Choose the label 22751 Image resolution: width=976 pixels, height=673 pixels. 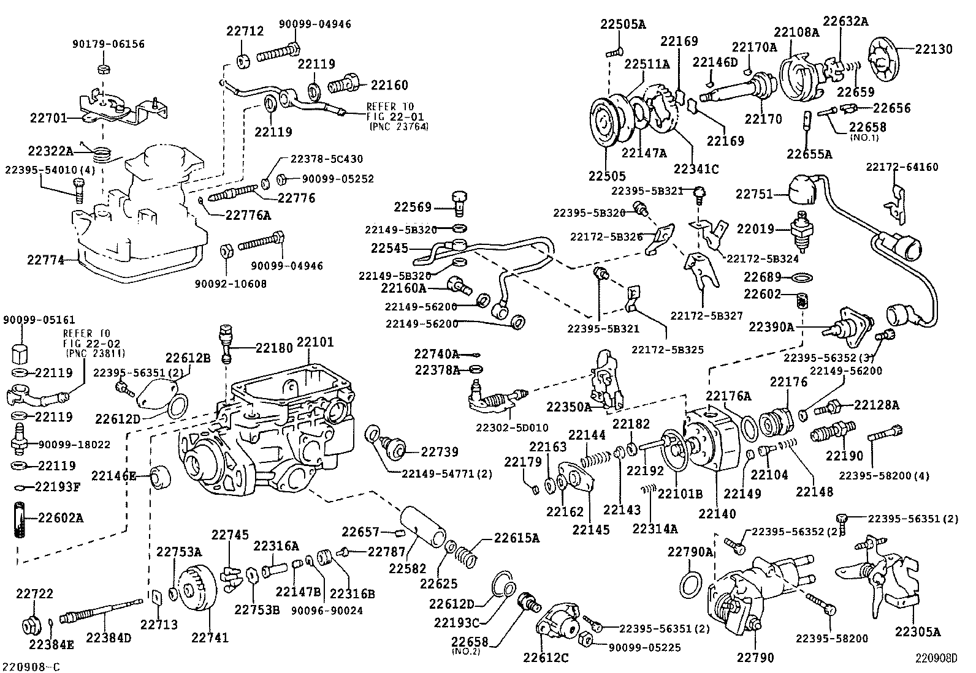tap(753, 194)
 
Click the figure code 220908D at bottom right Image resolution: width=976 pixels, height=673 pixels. tap(936, 659)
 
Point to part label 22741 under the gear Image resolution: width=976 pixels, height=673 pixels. tap(209, 637)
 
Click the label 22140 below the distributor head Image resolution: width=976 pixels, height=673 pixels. tap(717, 514)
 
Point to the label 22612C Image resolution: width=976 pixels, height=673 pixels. tap(546, 658)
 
